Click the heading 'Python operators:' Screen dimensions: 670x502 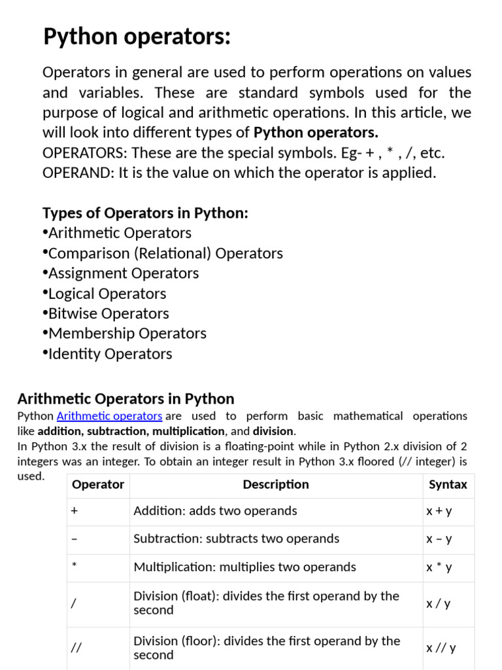[137, 37]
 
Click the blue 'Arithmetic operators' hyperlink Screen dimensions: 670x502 [109, 416]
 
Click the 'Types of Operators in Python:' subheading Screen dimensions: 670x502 [145, 213]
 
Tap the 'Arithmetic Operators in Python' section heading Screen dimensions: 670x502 [125, 399]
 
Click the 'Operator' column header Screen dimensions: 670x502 [97, 485]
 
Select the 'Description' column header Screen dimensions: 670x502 [276, 485]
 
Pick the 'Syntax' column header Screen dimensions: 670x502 [448, 485]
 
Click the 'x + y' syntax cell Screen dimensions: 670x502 [439, 511]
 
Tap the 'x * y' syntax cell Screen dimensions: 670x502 [439, 567]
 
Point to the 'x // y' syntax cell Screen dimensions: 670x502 [441, 648]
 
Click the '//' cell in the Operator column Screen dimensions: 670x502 [76, 648]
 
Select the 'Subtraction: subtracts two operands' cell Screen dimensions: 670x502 [236, 539]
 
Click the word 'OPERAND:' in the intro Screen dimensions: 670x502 [71, 173]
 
